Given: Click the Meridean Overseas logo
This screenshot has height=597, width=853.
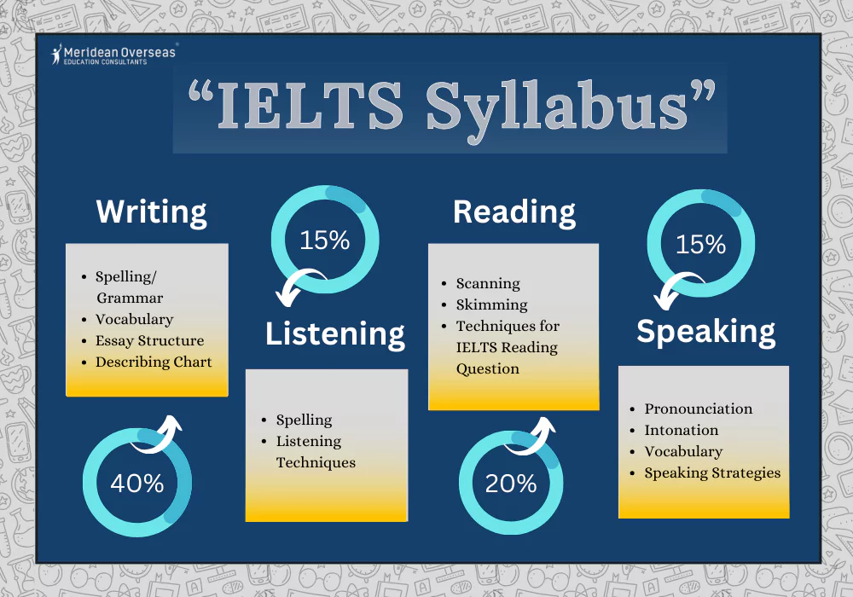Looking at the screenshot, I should (113, 55).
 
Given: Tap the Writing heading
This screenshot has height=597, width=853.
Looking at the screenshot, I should (151, 212).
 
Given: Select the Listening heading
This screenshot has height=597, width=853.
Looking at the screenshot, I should (335, 333).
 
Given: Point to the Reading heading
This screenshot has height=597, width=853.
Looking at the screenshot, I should (514, 212).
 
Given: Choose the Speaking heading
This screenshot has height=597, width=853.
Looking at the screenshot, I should (706, 331).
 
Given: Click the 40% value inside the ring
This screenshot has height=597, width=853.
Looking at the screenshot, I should (136, 484).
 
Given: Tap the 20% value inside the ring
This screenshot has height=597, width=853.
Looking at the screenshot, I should (511, 484).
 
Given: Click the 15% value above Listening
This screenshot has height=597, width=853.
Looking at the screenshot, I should (324, 241).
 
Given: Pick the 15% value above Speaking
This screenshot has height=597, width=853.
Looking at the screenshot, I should (700, 245).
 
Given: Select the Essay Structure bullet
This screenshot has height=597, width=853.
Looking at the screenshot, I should (149, 340).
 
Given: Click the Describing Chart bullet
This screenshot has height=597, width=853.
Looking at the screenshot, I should (154, 362).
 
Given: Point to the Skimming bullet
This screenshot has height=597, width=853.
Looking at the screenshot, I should (491, 304).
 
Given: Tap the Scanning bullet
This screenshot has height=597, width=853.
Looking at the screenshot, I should (488, 283).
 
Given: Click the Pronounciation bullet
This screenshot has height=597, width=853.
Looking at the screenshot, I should (698, 409).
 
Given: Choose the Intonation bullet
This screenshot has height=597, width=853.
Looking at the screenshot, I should (681, 430).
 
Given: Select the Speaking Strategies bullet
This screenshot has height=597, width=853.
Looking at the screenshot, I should (712, 472).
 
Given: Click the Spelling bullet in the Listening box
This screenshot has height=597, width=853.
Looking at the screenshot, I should (304, 420).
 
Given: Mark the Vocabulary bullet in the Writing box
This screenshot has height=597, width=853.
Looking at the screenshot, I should (134, 319).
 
